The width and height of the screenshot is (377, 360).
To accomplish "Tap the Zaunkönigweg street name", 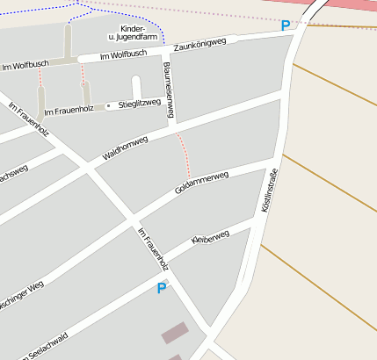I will pyautogui.click(x=200, y=44).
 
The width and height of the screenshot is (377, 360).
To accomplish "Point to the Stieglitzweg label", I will pyautogui.click(x=140, y=104).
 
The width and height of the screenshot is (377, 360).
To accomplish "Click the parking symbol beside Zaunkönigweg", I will pyautogui.click(x=285, y=26).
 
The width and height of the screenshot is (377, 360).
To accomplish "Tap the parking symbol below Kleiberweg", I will pyautogui.click(x=162, y=288).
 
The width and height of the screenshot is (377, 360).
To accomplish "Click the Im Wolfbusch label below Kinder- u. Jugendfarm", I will pyautogui.click(x=123, y=54).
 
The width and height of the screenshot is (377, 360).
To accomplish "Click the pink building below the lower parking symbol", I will pyautogui.click(x=174, y=333).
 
